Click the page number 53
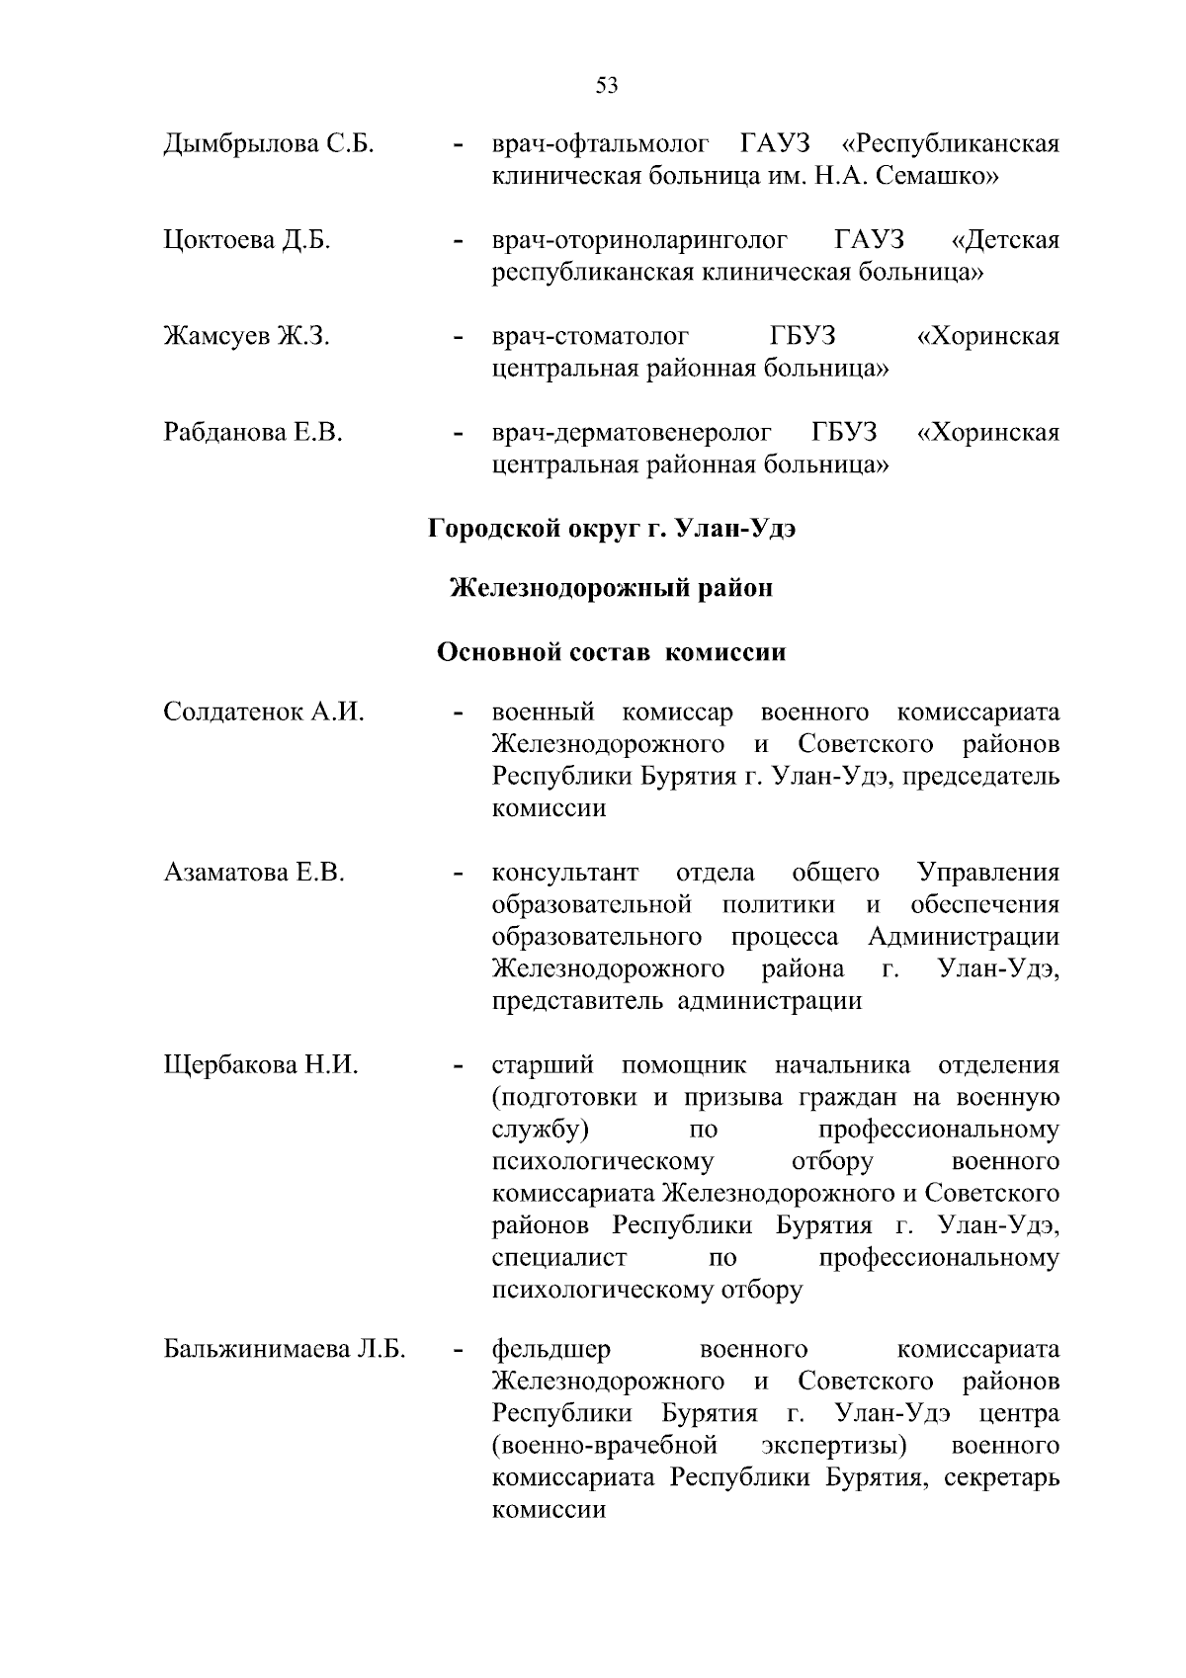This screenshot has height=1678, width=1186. (x=607, y=86)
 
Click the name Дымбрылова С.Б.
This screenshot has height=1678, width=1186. (x=268, y=144)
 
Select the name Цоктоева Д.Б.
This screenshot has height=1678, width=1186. (x=246, y=241)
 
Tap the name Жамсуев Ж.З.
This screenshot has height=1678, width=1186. (x=246, y=337)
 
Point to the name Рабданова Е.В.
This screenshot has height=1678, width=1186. (x=253, y=433)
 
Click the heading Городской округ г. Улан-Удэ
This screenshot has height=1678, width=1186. (x=612, y=529)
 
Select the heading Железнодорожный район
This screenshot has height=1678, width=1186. (x=611, y=589)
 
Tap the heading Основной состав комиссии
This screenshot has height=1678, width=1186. (x=611, y=653)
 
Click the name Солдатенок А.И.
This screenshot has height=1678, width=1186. (x=264, y=713)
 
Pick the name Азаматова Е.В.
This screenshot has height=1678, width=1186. (x=254, y=874)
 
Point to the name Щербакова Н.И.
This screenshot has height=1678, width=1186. (x=261, y=1065)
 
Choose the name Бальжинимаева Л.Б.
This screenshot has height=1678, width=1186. (x=285, y=1350)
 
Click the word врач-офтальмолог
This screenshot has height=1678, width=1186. (x=600, y=144)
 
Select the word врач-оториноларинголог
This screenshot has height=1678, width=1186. (x=639, y=241)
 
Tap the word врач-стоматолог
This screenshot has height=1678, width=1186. (x=590, y=337)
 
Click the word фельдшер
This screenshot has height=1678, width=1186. (x=551, y=1350)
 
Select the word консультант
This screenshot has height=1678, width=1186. (x=565, y=874)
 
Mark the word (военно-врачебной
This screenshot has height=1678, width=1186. (x=603, y=1447)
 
